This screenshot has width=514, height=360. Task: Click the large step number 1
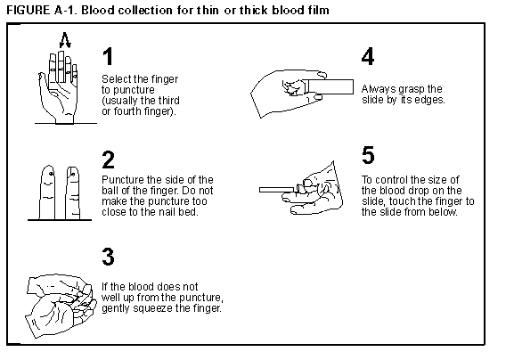coord(108,56)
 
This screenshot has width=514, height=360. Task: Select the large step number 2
coord(108,160)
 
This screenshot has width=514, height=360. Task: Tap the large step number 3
coord(108,257)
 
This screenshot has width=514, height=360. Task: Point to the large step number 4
coord(368,56)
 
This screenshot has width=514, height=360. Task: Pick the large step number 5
coord(368,155)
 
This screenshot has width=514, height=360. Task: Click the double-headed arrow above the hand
coord(65,40)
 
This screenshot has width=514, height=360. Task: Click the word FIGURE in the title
coord(29,10)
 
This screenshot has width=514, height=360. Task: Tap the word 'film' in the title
coord(318,10)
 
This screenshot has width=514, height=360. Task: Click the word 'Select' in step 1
coord(117,79)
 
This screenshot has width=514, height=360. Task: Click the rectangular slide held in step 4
coord(330,86)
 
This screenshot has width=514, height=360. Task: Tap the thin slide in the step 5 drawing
coord(277,190)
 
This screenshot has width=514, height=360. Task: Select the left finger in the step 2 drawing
coord(47,192)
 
